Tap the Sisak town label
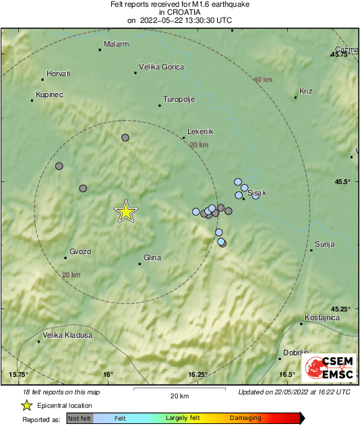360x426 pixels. click(258, 193)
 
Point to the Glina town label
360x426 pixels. click(152, 257)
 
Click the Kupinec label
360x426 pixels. click(49, 94)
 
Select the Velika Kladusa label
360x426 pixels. click(67, 335)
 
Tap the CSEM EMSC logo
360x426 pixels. click(329, 366)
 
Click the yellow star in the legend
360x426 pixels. click(26, 405)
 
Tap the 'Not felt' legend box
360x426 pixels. click(80, 419)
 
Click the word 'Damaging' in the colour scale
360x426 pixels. click(245, 419)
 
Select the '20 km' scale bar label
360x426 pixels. click(179, 396)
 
